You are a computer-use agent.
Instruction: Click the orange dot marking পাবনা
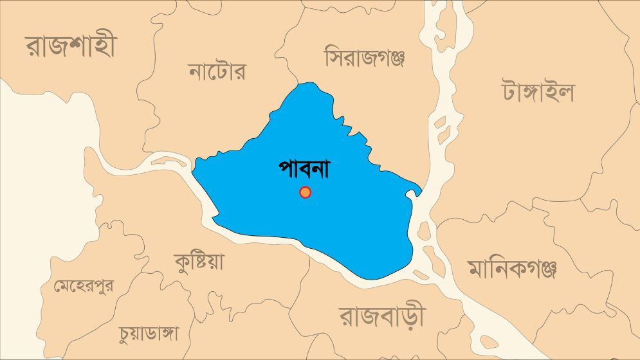[x=306, y=192]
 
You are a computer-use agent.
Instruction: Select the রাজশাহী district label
[x=71, y=47]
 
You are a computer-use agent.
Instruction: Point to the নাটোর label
[x=217, y=71]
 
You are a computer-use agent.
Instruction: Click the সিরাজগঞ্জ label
[x=364, y=58]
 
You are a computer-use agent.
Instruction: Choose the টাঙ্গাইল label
[x=538, y=92]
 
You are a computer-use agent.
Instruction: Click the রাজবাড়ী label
[x=382, y=316]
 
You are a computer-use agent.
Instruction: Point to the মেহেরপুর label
[x=84, y=285]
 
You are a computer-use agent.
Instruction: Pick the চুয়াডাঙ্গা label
[x=149, y=333]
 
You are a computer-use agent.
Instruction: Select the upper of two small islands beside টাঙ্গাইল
[x=441, y=121]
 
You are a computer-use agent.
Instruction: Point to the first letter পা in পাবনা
[x=289, y=168]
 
